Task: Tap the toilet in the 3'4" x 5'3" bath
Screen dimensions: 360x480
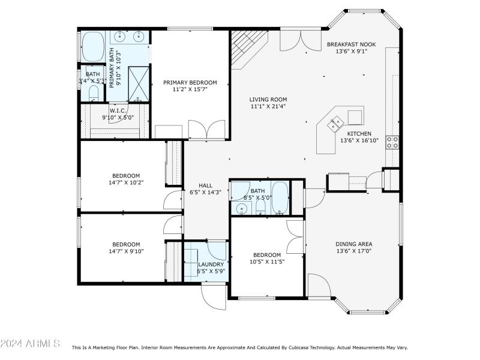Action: point(93,94)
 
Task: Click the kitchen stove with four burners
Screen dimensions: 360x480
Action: point(392,142)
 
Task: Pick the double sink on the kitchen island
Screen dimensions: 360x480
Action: point(334,124)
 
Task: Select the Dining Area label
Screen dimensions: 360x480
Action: point(354,244)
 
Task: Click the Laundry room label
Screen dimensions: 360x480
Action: point(211,264)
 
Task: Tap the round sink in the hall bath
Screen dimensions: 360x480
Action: point(241,208)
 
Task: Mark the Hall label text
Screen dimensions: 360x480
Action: point(206,185)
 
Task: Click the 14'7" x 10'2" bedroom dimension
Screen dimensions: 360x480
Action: point(126,182)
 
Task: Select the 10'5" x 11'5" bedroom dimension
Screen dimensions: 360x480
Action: point(267,262)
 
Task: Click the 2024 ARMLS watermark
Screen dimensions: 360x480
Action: point(30,344)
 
